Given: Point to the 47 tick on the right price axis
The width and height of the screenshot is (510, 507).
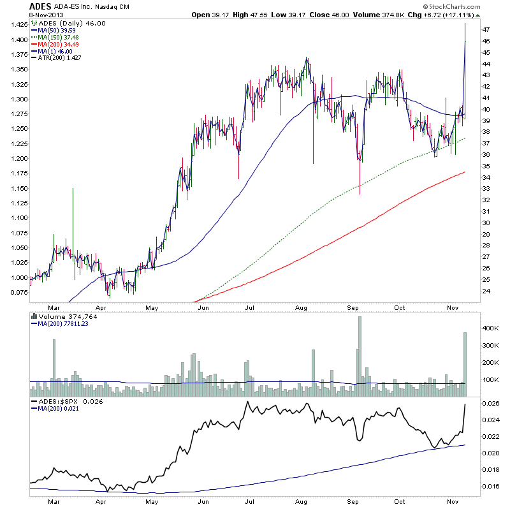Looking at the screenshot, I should click(x=486, y=30).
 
